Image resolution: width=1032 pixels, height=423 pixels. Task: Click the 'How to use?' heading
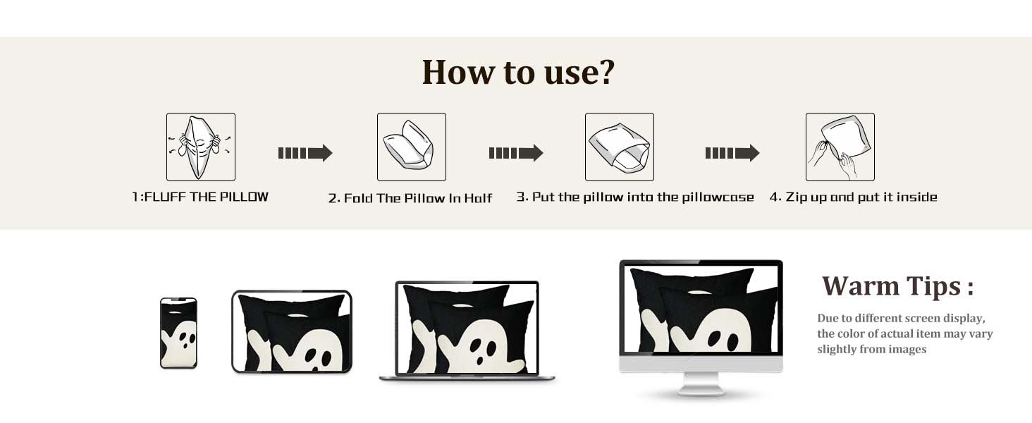tap(518, 73)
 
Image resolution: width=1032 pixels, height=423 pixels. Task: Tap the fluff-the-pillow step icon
tap(201, 147)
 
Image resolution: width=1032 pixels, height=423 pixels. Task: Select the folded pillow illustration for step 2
tap(412, 147)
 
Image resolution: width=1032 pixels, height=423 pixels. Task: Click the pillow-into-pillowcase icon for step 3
tap(619, 147)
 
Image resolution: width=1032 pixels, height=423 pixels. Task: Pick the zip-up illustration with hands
tap(840, 147)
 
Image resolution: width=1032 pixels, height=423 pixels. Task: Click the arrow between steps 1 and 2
tap(305, 153)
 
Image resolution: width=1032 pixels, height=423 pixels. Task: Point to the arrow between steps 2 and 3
tap(516, 153)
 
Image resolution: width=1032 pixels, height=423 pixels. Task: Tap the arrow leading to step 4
tap(732, 153)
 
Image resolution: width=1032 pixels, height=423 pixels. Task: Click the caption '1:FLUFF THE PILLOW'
tap(200, 197)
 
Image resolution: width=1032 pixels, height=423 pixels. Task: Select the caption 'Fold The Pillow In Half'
tap(418, 198)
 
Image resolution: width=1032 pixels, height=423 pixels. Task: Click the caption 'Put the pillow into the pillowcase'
tap(643, 197)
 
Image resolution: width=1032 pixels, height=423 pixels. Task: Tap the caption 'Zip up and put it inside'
tap(861, 197)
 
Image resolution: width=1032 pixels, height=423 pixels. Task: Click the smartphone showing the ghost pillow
tap(179, 333)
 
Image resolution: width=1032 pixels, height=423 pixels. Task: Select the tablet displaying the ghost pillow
tap(292, 331)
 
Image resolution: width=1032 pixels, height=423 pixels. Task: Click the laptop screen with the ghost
tap(467, 328)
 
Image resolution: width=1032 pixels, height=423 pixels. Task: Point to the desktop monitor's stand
tap(701, 384)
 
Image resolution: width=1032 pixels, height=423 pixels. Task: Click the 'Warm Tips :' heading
tap(898, 286)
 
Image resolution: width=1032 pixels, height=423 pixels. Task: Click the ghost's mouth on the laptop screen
tap(481, 358)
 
